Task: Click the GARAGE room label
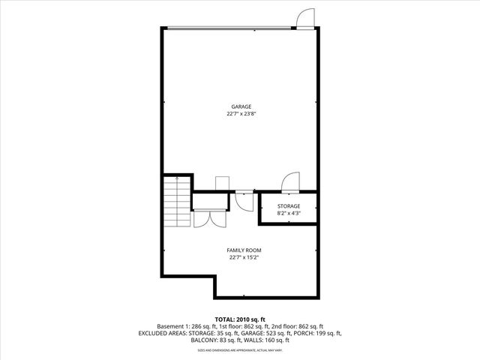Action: pos(241,106)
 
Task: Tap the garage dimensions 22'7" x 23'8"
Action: pos(241,114)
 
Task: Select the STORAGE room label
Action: pos(289,206)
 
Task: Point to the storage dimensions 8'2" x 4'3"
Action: pos(289,214)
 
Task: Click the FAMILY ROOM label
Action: pos(244,250)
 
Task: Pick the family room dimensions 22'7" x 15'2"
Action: pos(244,257)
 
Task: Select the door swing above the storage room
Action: pos(289,182)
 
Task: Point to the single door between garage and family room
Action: pos(244,198)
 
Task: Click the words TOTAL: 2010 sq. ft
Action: pos(240,319)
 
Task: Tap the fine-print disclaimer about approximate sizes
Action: pos(240,349)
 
